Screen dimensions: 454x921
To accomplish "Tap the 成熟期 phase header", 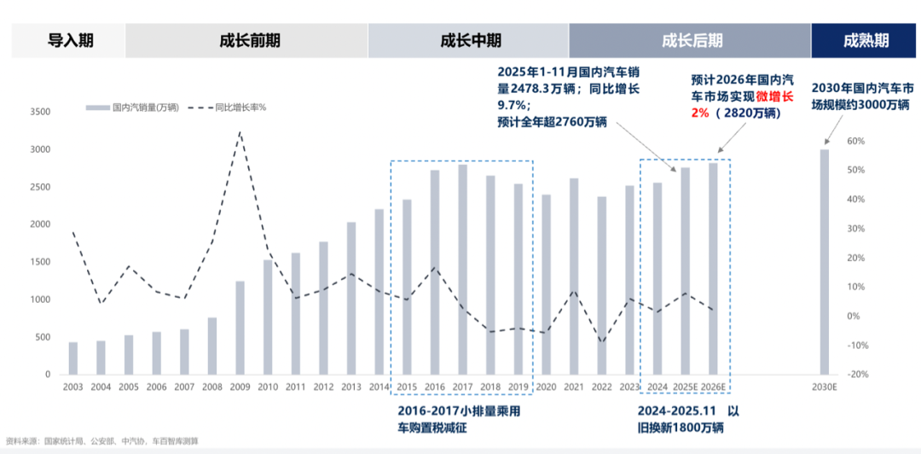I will pyautogui.click(x=866, y=40).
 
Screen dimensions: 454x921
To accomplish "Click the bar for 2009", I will pyautogui.click(x=240, y=328).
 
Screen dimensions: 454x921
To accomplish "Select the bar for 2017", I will pyautogui.click(x=462, y=270).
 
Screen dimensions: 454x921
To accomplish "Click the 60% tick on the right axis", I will pyautogui.click(x=855, y=141).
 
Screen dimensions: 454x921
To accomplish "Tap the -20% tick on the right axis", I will pyautogui.click(x=855, y=375).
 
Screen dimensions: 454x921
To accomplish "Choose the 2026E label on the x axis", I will pyautogui.click(x=713, y=387).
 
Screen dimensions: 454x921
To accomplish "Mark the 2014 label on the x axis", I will pyautogui.click(x=379, y=387).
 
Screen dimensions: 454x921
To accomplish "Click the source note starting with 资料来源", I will pyautogui.click(x=102, y=441).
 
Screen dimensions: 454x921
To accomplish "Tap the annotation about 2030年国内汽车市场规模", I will pyautogui.click(x=862, y=96).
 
